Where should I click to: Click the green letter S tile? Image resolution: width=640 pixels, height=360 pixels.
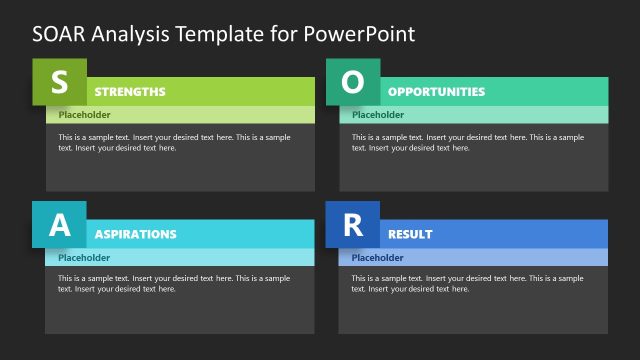[x=59, y=82]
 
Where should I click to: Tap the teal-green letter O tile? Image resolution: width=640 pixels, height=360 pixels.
[x=353, y=82]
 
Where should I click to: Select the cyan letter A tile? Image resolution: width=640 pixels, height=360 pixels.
[x=59, y=225]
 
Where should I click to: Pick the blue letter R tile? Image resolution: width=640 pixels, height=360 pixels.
[x=353, y=225]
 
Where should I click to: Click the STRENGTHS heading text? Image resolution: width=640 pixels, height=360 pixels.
[x=130, y=92]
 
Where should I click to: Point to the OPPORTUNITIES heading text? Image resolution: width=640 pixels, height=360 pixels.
[x=436, y=92]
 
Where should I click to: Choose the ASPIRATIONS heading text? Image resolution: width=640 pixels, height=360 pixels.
[x=135, y=234]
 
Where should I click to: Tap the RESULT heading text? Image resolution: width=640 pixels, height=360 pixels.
[x=410, y=234]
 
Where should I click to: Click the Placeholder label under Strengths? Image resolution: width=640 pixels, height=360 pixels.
[x=84, y=114]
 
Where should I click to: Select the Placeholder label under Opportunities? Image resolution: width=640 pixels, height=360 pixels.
[x=378, y=114]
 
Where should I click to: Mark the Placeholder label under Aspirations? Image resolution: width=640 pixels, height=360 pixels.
[x=84, y=257]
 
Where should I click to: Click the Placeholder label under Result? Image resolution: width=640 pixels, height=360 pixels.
[x=378, y=257]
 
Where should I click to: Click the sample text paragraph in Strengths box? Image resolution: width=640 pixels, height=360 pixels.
[x=174, y=142]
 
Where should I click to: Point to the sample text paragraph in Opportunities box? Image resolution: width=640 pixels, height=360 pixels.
[x=467, y=142]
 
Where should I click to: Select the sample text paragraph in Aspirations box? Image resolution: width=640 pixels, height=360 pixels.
[x=174, y=283]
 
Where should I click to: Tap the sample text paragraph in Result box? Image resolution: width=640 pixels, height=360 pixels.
[x=467, y=283]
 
